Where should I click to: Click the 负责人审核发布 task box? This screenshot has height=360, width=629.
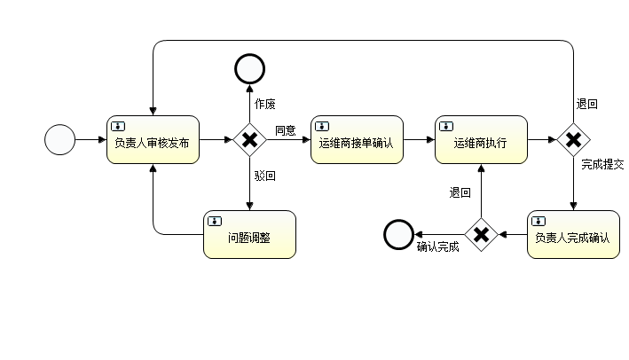pyautogui.click(x=153, y=140)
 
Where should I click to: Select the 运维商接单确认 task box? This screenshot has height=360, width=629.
pyautogui.click(x=357, y=140)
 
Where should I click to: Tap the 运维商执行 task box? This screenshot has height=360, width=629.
pyautogui.click(x=481, y=140)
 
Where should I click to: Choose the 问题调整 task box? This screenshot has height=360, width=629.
pyautogui.click(x=249, y=235)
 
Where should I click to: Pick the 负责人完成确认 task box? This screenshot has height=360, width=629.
pyautogui.click(x=573, y=235)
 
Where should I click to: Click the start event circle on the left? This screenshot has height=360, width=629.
pyautogui.click(x=59, y=140)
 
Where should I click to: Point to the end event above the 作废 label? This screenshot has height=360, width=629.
pyautogui.click(x=250, y=68)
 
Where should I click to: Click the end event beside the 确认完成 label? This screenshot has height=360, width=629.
pyautogui.click(x=398, y=235)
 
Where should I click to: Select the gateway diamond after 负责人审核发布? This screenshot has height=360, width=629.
pyautogui.click(x=250, y=140)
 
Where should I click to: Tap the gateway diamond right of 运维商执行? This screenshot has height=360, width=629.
pyautogui.click(x=574, y=140)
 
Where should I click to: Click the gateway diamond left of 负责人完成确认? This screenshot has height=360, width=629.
pyautogui.click(x=481, y=235)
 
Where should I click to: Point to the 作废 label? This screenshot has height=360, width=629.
pyautogui.click(x=265, y=104)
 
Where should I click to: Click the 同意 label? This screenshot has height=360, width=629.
pyautogui.click(x=285, y=131)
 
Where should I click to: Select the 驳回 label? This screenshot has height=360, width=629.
pyautogui.click(x=265, y=176)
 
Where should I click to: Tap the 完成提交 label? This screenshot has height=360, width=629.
pyautogui.click(x=602, y=165)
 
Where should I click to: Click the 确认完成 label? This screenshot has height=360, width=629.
pyautogui.click(x=437, y=247)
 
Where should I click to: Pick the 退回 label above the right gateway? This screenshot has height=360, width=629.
pyautogui.click(x=586, y=104)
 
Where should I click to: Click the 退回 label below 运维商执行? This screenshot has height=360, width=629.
pyautogui.click(x=460, y=192)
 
